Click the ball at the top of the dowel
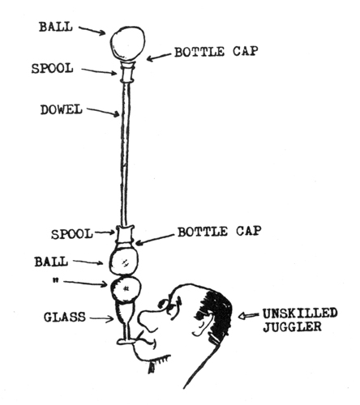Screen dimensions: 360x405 click(x=127, y=44)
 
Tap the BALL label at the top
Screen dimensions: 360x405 click(x=56, y=27)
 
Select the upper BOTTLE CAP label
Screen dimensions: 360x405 click(x=216, y=52)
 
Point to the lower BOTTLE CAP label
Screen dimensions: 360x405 click(x=220, y=232)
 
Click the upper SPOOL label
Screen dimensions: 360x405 click(x=53, y=68)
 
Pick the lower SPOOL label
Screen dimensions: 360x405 click(x=72, y=234)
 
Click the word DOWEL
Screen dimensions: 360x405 click(x=62, y=110)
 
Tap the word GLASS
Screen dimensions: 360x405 click(x=65, y=317)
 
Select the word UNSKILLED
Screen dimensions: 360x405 click(x=300, y=313)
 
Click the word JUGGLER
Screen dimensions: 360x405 click(x=293, y=326)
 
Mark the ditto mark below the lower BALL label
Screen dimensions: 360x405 click(x=55, y=281)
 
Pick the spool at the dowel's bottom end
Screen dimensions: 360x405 click(x=125, y=234)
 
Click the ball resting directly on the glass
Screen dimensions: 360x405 click(x=126, y=289)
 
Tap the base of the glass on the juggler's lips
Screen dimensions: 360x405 click(x=126, y=342)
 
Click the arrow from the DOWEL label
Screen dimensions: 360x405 click(x=103, y=113)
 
